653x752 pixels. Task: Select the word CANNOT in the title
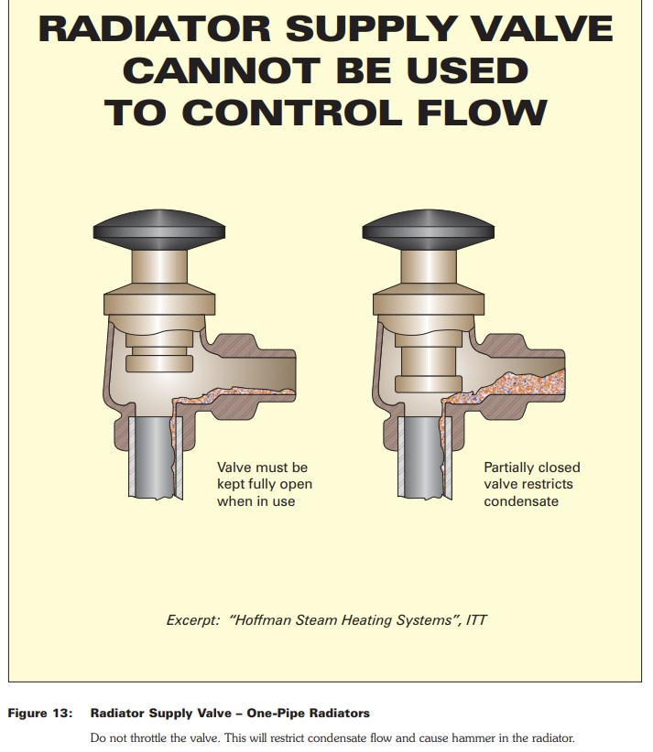tap(222, 70)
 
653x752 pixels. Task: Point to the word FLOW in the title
tap(482, 113)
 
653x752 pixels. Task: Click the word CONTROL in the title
tap(292, 113)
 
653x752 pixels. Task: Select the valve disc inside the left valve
tap(159, 363)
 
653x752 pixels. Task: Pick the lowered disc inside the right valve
tap(429, 383)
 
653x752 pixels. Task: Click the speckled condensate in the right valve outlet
tap(518, 387)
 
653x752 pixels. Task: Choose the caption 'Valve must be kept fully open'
tap(265, 476)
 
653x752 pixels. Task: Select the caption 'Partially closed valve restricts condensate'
tap(532, 484)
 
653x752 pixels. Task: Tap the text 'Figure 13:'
tap(40, 714)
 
